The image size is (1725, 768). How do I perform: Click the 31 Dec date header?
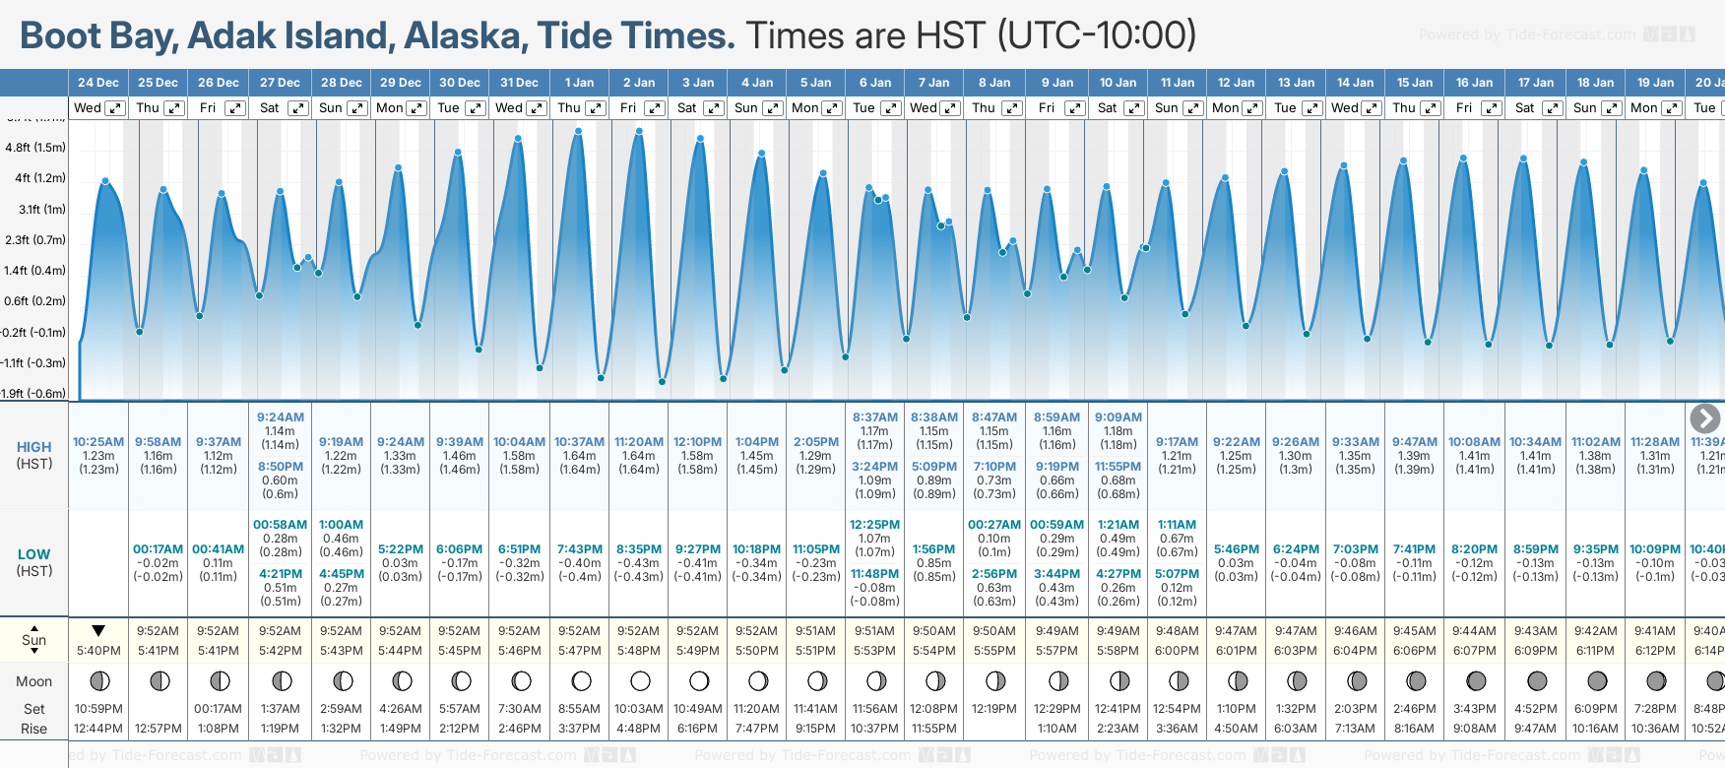519,83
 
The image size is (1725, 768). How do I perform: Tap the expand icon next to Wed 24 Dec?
115,108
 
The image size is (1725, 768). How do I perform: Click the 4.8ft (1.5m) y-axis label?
35,148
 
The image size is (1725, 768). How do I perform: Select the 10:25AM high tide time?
98,442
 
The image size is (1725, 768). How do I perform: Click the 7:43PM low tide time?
579,549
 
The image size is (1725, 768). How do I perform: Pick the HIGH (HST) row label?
34,455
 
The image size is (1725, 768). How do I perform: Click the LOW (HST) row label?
34,562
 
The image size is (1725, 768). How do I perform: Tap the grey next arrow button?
1704,418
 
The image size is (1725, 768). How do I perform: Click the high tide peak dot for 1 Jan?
578,131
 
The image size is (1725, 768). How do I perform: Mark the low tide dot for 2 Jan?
663,381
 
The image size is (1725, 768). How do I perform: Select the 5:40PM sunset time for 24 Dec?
98,651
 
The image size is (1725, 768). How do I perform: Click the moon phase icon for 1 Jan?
581,681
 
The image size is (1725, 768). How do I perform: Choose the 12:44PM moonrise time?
98,729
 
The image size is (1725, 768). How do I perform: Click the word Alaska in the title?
464,36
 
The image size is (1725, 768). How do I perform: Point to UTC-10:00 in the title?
1098,36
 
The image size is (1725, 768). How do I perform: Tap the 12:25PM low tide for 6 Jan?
874,525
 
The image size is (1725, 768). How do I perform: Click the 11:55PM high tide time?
1118,467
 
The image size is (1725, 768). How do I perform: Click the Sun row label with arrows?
34,639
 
